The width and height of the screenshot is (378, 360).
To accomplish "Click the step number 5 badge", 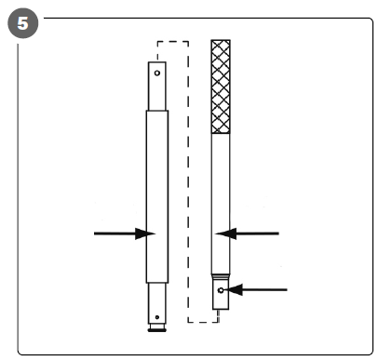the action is click(x=23, y=23).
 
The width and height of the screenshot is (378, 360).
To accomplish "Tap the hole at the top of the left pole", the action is click(x=157, y=73).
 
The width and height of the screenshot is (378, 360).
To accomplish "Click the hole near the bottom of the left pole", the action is click(x=157, y=317).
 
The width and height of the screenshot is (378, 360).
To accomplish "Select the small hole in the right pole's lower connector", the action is click(x=221, y=290).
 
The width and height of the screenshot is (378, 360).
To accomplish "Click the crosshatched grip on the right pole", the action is click(x=221, y=87).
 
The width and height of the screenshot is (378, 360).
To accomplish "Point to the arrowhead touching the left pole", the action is click(x=145, y=233).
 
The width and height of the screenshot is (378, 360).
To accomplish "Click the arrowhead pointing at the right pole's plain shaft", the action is click(x=225, y=233).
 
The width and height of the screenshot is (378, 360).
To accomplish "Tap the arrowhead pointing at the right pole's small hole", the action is click(x=233, y=289).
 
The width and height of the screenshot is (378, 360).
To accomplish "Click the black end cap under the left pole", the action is click(x=157, y=330).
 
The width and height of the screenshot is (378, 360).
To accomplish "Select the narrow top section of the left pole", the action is click(x=157, y=86).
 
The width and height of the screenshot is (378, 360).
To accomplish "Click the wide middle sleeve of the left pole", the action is click(x=157, y=196).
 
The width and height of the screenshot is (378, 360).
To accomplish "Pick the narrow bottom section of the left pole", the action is click(x=157, y=303).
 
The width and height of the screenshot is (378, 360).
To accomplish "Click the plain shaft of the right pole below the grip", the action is click(x=221, y=204).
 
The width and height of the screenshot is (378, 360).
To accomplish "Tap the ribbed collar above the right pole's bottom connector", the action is click(x=221, y=276).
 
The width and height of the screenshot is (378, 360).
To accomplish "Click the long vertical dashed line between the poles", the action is click(x=188, y=181).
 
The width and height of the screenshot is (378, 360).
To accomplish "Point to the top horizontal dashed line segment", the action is click(x=173, y=41).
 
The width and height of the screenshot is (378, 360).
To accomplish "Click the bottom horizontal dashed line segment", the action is click(x=203, y=322).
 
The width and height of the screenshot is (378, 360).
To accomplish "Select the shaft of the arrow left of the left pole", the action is click(x=115, y=233).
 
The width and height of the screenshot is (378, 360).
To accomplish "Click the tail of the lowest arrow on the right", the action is click(x=287, y=289).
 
